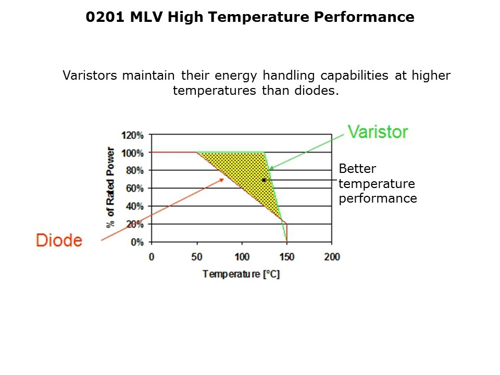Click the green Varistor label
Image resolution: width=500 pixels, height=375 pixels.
pyautogui.click(x=378, y=132)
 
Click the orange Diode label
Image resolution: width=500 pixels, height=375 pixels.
pyautogui.click(x=59, y=240)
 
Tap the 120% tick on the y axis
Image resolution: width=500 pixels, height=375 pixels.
pyautogui.click(x=133, y=135)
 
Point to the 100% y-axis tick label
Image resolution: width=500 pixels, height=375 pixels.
pyautogui.click(x=133, y=153)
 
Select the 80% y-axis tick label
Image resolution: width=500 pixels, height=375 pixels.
pyautogui.click(x=134, y=170)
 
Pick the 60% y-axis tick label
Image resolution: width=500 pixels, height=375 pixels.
pyautogui.click(x=134, y=188)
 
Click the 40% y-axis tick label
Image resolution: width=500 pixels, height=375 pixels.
pyautogui.click(x=134, y=206)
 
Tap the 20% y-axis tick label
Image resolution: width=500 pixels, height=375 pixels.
pyautogui.click(x=134, y=224)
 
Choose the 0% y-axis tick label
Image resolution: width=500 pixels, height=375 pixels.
pyautogui.click(x=136, y=242)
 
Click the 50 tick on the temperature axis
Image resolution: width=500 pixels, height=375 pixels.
pyautogui.click(x=197, y=257)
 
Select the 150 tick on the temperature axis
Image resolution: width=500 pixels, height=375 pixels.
pyautogui.click(x=286, y=257)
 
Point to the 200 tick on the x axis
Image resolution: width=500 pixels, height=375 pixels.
pyautogui.click(x=332, y=257)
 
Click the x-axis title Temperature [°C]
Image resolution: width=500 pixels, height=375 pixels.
pyautogui.click(x=241, y=274)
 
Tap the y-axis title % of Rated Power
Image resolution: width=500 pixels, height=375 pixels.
pyautogui.click(x=110, y=188)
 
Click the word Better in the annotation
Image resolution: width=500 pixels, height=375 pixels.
pyautogui.click(x=357, y=169)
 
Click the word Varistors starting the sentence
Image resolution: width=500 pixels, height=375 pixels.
pyautogui.click(x=91, y=76)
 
